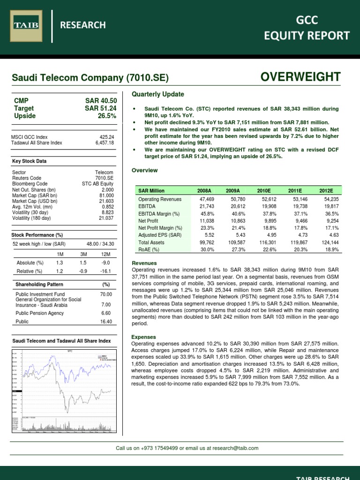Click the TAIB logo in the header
[x=27, y=24]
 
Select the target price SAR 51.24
[x=101, y=108]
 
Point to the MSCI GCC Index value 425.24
[x=106, y=137]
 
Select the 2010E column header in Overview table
[x=263, y=191]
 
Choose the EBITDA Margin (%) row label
[x=159, y=213]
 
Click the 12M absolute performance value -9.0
[x=105, y=262]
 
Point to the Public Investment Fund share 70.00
[x=106, y=294]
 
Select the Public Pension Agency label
[x=37, y=312]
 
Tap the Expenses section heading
[x=143, y=337]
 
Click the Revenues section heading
[x=144, y=263]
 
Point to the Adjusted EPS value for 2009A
[x=233, y=235]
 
